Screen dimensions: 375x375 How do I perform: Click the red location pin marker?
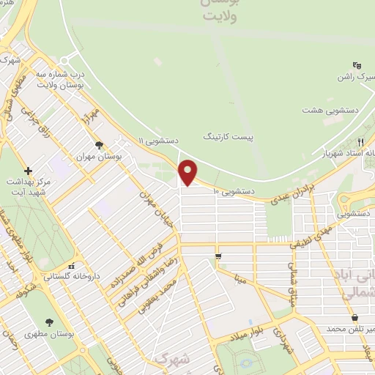(x=189, y=173)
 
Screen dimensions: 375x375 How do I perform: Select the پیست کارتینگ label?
(x=226, y=137)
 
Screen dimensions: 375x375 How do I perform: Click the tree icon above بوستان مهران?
(x=99, y=145)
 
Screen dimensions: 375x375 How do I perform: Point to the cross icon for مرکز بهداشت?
(x=28, y=170)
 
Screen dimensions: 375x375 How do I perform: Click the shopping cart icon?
(x=218, y=256)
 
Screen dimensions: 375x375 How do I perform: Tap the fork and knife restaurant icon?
(x=360, y=142)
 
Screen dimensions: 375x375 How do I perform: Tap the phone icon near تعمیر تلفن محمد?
(x=354, y=317)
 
